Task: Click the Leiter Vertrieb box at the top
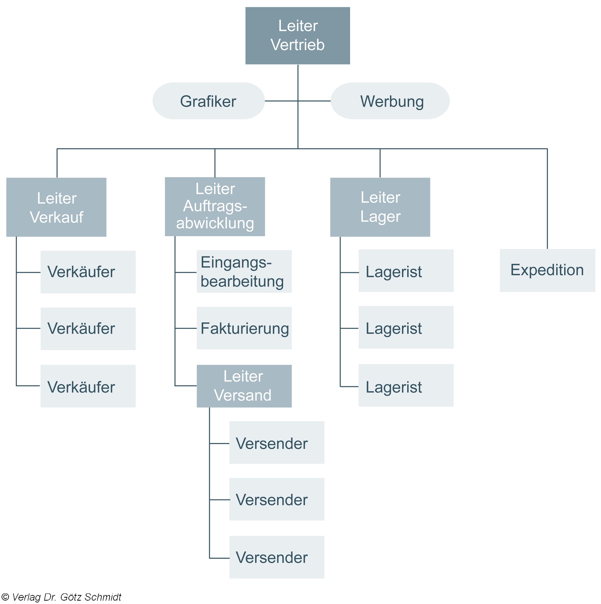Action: (297, 36)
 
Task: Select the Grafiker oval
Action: (208, 101)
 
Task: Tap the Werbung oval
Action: (390, 101)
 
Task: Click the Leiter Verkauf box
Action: (56, 207)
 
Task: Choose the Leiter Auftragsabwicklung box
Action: (215, 206)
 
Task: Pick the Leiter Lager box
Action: (380, 207)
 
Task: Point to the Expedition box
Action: (547, 270)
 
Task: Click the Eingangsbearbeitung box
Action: (244, 272)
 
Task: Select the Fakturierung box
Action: (244, 328)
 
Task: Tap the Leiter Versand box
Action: (244, 386)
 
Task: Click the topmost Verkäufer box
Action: (88, 272)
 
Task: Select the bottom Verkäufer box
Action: (88, 386)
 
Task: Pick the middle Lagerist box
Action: (406, 328)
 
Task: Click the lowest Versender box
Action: (277, 557)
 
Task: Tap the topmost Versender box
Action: (277, 443)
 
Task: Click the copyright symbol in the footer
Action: (5, 597)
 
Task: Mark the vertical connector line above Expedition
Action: (547, 199)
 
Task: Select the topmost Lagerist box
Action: (406, 271)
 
